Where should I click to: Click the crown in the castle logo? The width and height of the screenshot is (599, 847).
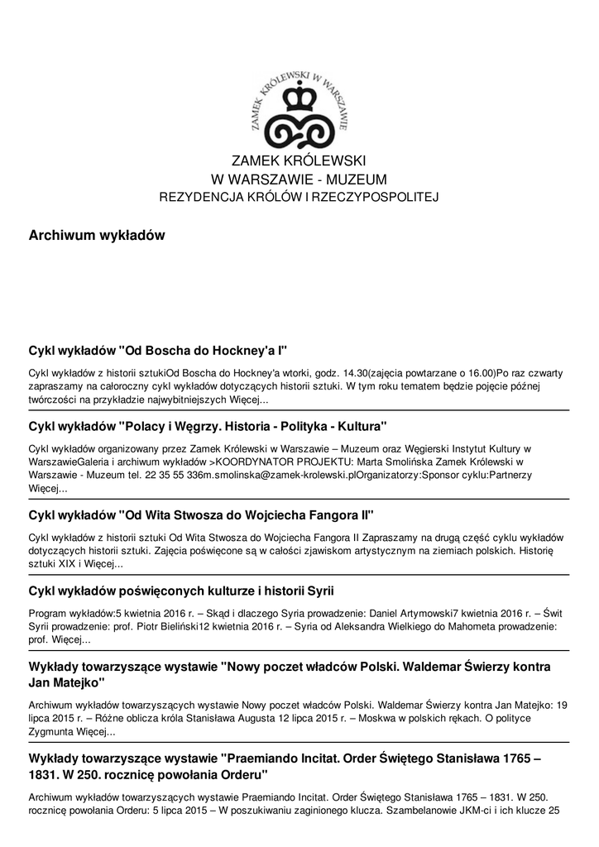(299, 98)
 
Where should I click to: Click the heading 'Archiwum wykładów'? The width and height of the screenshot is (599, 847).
(97, 236)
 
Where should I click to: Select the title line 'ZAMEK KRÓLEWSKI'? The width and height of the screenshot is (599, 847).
(299, 160)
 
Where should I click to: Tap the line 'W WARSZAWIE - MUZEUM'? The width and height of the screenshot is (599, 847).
(299, 179)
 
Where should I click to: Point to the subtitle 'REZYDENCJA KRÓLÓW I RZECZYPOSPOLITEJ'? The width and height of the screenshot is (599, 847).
(299, 197)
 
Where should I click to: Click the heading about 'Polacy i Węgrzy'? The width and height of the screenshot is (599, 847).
(208, 427)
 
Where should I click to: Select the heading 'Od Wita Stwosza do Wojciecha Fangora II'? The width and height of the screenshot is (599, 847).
(201, 514)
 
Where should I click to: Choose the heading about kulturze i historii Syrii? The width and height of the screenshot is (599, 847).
(181, 590)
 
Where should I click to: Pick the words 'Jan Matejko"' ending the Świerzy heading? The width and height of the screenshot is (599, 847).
(67, 683)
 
